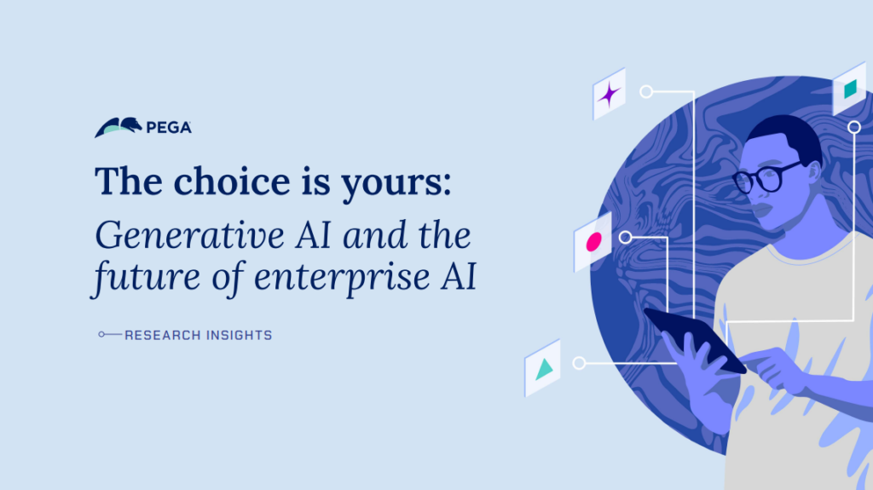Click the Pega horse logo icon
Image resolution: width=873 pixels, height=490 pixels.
pyautogui.click(x=118, y=127)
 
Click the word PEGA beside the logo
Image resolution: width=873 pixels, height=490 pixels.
pyautogui.click(x=169, y=128)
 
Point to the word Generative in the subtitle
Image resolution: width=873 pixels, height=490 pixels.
pyautogui.click(x=190, y=235)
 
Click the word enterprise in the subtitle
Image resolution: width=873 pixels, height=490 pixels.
pyautogui.click(x=342, y=277)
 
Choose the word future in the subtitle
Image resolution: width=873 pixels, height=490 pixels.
pyautogui.click(x=146, y=277)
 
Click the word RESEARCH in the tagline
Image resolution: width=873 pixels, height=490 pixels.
pyautogui.click(x=163, y=335)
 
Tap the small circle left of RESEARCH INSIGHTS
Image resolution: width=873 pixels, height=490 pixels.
pyautogui.click(x=101, y=335)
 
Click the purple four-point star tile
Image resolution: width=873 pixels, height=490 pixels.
pyautogui.click(x=609, y=94)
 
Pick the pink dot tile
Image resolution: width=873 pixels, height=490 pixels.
pyautogui.click(x=593, y=242)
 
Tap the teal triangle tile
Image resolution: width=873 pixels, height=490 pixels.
pyautogui.click(x=542, y=368)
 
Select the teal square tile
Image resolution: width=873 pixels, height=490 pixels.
pyautogui.click(x=850, y=89)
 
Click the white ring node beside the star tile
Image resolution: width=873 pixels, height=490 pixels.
pyautogui.click(x=646, y=91)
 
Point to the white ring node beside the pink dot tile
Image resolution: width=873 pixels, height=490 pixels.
pyautogui.click(x=625, y=238)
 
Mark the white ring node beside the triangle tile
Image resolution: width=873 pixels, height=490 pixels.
pyautogui.click(x=579, y=364)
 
